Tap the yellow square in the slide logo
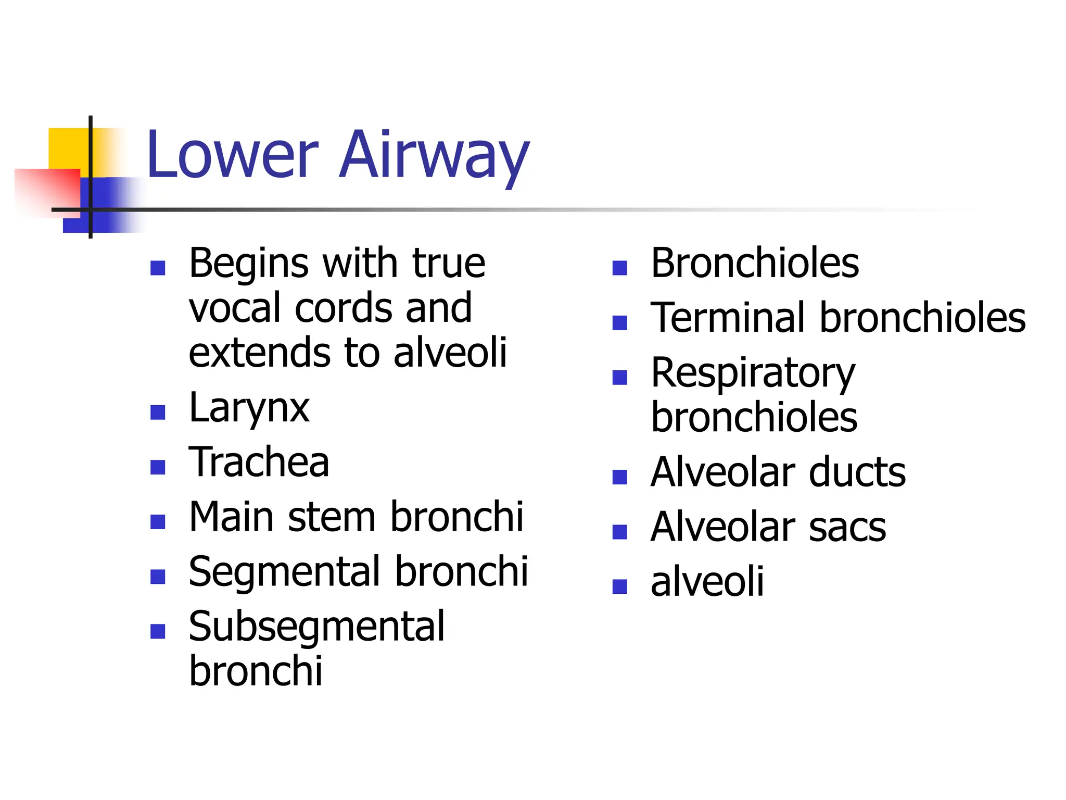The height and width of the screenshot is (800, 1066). pos(68,148)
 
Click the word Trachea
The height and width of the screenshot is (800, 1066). pos(259,462)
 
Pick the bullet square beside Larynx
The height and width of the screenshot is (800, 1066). pos(157,413)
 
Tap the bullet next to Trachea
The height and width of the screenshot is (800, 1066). pos(157,467)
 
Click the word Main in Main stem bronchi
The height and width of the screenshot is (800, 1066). pos(231,517)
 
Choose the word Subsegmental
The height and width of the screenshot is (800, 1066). pos(316,627)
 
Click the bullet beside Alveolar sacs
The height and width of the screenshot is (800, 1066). pos(619,532)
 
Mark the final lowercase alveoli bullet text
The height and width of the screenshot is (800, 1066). pos(707,582)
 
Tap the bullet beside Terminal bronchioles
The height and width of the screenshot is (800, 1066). pos(619,323)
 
